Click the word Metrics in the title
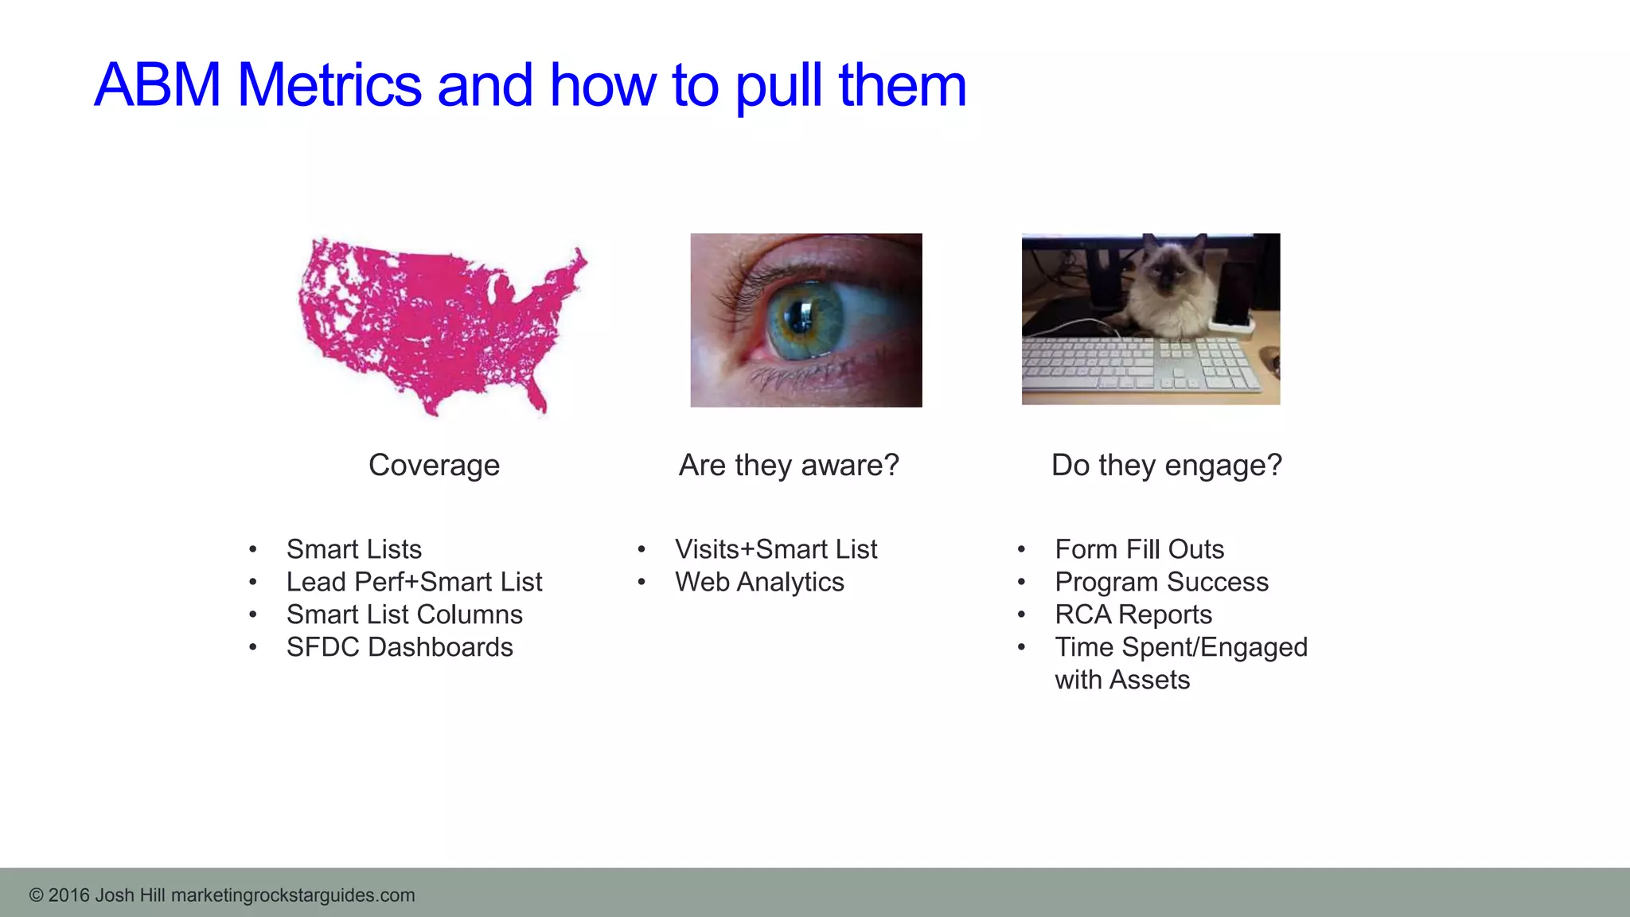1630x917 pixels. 329,85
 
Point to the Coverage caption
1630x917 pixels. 434,465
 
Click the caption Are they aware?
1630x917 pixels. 788,465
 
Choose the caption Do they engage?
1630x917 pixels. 1166,465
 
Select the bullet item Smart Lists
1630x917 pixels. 353,549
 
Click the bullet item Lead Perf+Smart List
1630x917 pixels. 414,582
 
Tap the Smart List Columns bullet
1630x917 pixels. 404,615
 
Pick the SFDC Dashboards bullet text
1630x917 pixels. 400,647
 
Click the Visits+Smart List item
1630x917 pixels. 775,549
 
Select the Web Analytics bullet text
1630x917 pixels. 759,582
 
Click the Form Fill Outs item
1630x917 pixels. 1139,549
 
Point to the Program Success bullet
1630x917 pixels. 1161,582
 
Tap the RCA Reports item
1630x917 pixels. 1133,615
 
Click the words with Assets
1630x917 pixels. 1122,680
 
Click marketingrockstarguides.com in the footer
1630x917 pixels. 293,896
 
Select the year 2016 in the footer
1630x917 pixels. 68,896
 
